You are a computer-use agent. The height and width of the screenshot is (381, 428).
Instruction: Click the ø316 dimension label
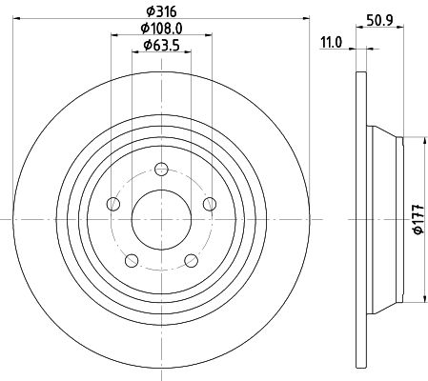[x=161, y=11]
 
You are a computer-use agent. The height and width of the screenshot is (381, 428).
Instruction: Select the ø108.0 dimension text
[x=161, y=29]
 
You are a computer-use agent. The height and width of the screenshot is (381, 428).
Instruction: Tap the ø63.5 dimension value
[x=161, y=46]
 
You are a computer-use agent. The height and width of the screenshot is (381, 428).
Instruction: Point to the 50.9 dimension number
[x=379, y=20]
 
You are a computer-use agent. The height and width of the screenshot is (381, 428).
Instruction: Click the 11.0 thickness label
[x=332, y=43]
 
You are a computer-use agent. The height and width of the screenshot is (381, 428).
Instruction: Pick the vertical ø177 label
[x=418, y=219]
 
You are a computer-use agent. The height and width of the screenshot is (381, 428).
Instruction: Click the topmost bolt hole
[x=161, y=169]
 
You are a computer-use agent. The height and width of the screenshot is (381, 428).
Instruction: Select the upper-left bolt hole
[x=113, y=204]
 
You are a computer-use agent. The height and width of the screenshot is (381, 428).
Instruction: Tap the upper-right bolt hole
[x=210, y=204]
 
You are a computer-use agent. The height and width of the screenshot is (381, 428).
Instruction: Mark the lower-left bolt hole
[x=132, y=260]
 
